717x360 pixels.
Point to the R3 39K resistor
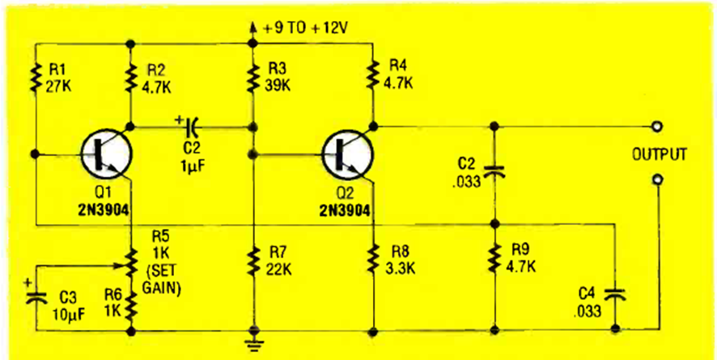click(254, 77)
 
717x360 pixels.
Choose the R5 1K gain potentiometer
click(131, 260)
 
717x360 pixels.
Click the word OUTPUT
click(660, 154)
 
